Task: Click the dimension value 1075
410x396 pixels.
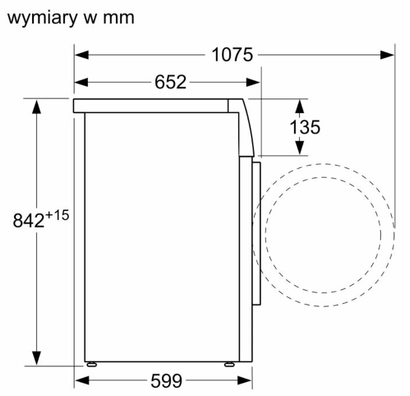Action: point(232,55)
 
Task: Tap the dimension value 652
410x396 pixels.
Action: point(171,82)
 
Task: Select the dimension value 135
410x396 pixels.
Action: point(305,127)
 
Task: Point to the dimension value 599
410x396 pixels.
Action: point(167,381)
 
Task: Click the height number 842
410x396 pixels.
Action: point(29,220)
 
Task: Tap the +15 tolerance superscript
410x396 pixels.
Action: point(57,215)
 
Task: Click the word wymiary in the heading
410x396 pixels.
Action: point(43,18)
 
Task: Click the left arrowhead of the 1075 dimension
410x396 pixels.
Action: point(82,55)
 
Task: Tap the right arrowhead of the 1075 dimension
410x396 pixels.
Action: point(387,55)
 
